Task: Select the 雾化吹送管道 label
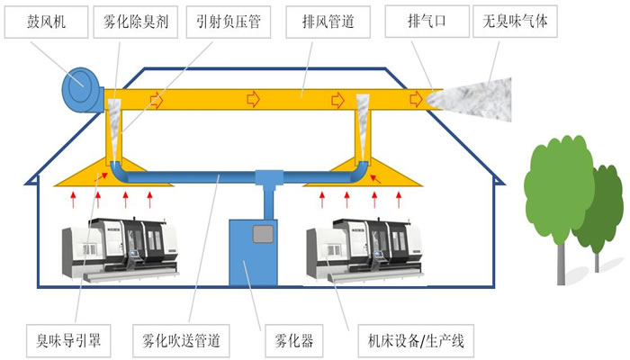(182, 341)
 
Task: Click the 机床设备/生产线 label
(409, 341)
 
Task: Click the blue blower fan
(83, 89)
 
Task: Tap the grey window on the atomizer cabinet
(264, 235)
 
